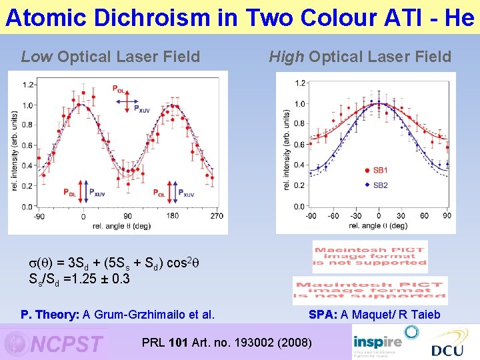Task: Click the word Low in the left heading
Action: tap(37, 57)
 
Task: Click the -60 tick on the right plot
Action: tap(333, 216)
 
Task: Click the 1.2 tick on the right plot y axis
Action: tap(301, 83)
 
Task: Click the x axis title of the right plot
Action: tap(379, 225)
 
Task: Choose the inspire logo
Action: tap(377, 341)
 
